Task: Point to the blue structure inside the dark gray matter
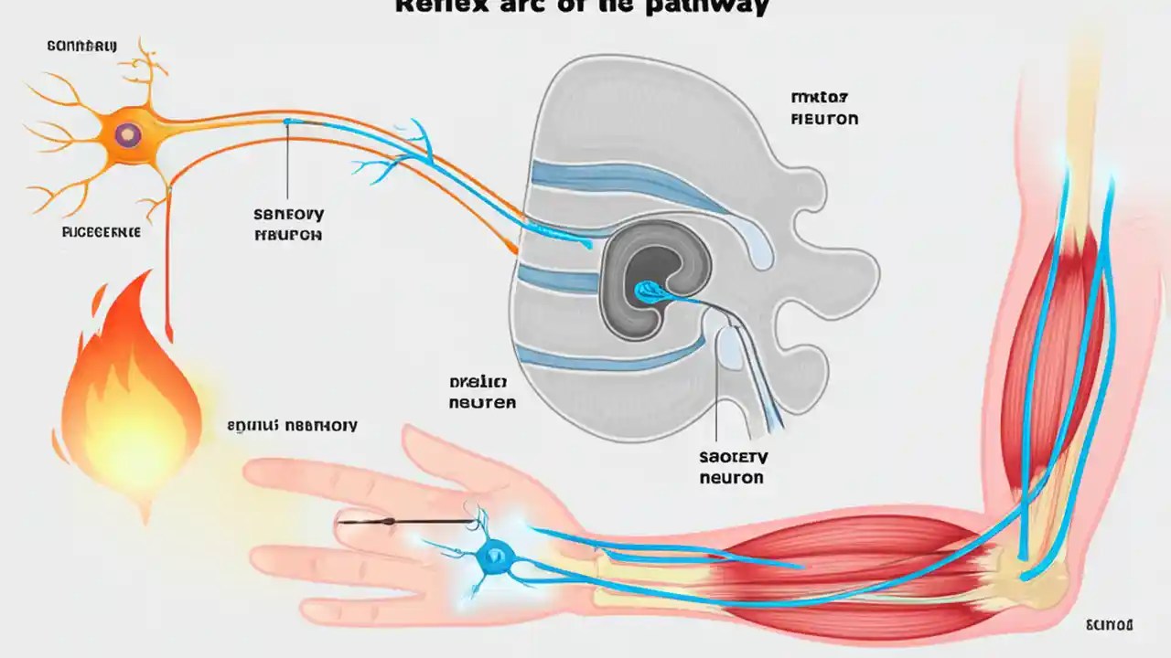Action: [651, 291]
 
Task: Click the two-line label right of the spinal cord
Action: [823, 108]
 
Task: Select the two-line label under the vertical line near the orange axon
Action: [288, 224]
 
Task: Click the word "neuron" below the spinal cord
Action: [731, 477]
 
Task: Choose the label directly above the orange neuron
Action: [81, 45]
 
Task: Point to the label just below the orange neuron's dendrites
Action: [101, 232]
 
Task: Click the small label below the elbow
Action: [1109, 625]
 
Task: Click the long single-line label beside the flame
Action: [292, 425]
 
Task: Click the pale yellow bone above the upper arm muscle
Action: [1084, 137]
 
